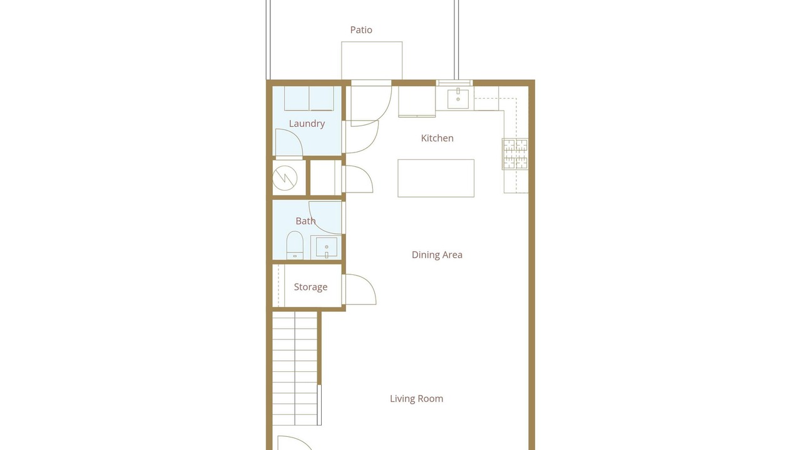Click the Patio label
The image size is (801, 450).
(x=361, y=30)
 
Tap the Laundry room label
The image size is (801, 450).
(x=307, y=124)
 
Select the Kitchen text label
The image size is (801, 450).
(x=437, y=138)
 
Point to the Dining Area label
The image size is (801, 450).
(x=437, y=254)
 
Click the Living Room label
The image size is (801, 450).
(x=416, y=399)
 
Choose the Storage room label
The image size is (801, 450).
(x=310, y=287)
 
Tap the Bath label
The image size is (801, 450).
(x=305, y=221)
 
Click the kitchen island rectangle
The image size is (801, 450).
(x=436, y=178)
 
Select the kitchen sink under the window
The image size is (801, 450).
(x=458, y=99)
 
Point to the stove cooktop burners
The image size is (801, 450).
(x=515, y=154)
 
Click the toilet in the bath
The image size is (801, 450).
(x=295, y=245)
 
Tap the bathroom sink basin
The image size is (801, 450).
(x=326, y=247)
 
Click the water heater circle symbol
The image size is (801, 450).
(x=285, y=178)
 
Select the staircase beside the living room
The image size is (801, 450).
(x=295, y=369)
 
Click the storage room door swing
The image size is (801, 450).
(x=359, y=289)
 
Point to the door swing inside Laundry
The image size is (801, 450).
(x=289, y=142)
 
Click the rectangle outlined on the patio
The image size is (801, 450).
(x=372, y=61)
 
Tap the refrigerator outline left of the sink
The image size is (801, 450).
(x=417, y=101)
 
